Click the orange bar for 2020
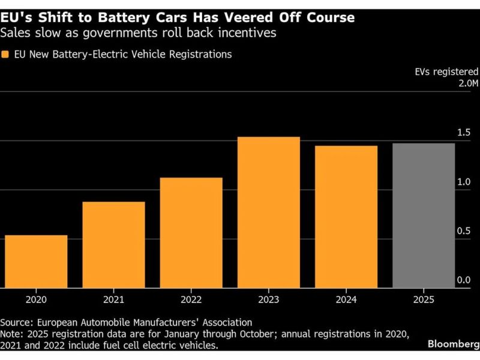(x=36, y=262)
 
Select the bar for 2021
(x=113, y=245)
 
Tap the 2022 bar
(x=191, y=233)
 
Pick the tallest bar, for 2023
(x=268, y=212)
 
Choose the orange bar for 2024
(x=346, y=217)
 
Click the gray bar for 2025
(x=424, y=215)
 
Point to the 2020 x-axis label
(x=36, y=299)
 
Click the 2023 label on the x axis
(x=268, y=299)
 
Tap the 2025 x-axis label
(x=424, y=299)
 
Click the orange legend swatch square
(x=5, y=55)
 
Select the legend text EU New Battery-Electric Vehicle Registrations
(x=122, y=55)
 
